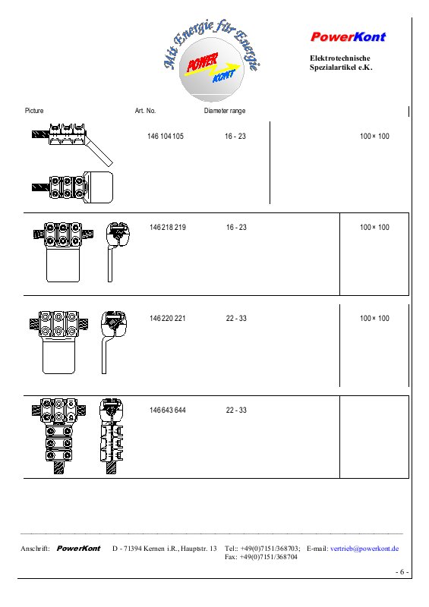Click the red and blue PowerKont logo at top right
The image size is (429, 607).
tap(348, 36)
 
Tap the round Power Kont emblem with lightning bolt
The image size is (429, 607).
tap(212, 69)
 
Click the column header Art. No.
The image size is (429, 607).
tap(145, 111)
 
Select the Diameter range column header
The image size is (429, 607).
tap(225, 111)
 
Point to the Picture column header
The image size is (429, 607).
tap(34, 111)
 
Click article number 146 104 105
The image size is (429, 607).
tap(165, 137)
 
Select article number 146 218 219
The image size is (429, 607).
tap(167, 227)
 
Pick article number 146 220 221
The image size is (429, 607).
tap(167, 318)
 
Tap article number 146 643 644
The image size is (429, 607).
tap(167, 410)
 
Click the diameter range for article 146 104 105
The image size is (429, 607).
tap(235, 137)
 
